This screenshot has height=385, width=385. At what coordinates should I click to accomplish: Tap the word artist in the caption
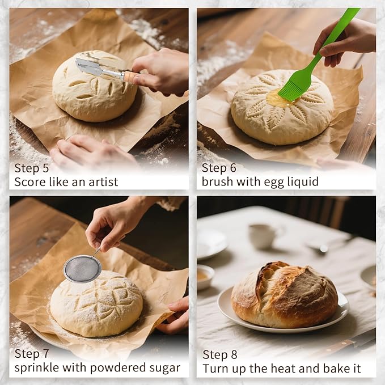click(103, 182)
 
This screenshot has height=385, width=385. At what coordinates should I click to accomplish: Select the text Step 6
click(219, 168)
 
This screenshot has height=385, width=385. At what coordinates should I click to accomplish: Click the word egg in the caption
click(268, 182)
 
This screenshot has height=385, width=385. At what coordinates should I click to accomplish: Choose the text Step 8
click(219, 354)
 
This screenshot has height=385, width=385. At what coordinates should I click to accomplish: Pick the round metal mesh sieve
click(82, 268)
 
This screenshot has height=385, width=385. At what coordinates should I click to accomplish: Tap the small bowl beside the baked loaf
click(205, 276)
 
